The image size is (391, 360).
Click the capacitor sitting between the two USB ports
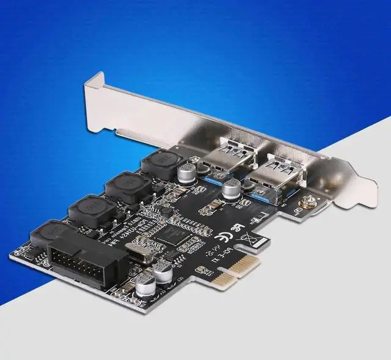232,189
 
